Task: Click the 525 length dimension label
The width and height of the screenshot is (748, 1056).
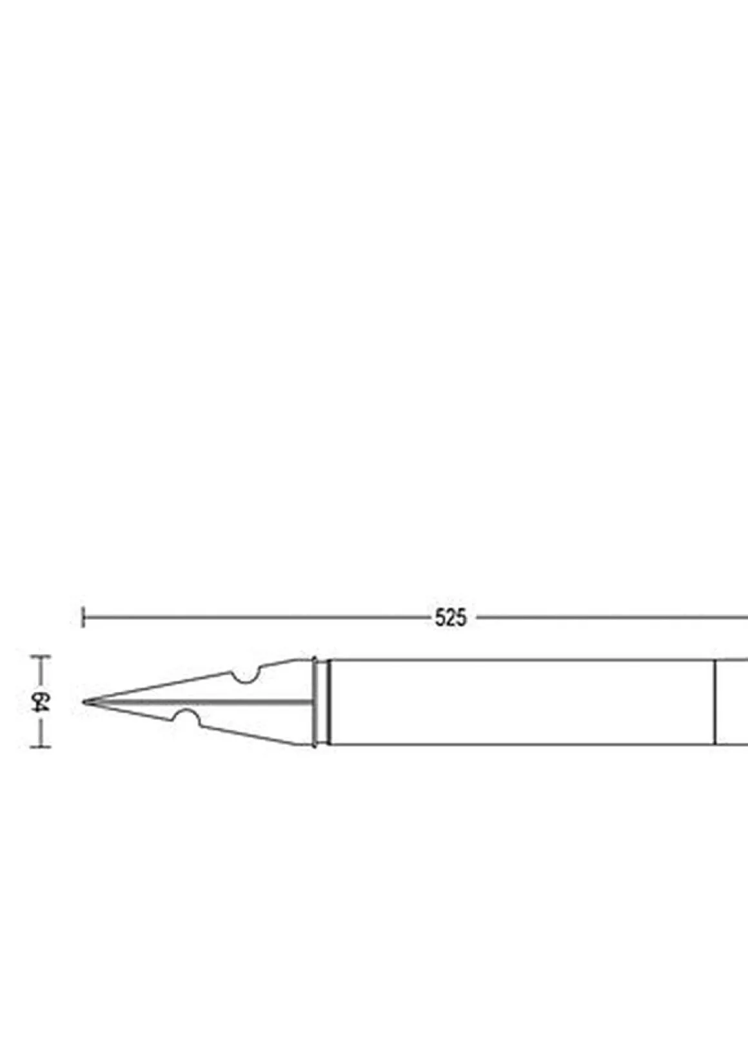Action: (x=450, y=618)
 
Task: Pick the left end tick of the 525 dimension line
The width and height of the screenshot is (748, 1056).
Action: (x=83, y=617)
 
